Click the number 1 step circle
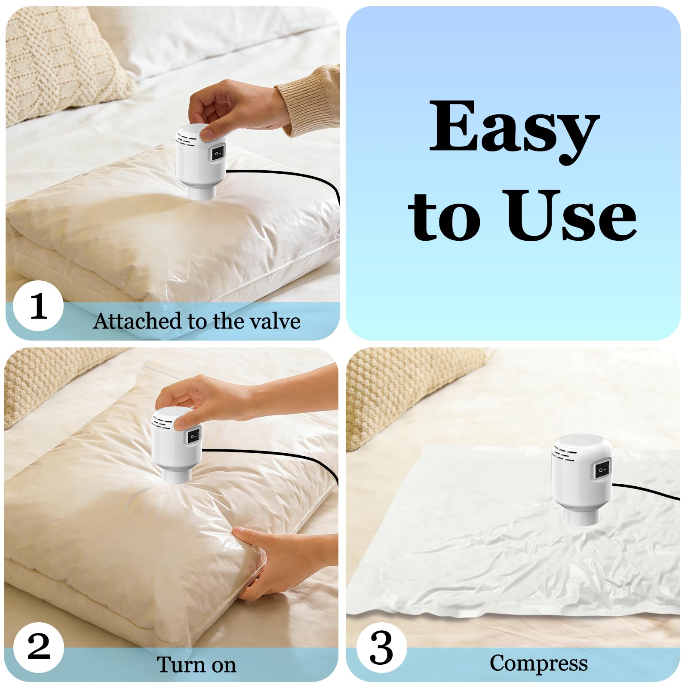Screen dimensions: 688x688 [38, 306]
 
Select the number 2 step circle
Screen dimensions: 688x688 [38, 648]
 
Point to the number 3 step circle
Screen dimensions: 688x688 [381, 648]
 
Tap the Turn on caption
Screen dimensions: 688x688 [196, 664]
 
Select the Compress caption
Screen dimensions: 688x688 [538, 663]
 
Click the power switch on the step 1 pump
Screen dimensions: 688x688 [218, 153]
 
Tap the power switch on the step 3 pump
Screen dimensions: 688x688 [602, 470]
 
